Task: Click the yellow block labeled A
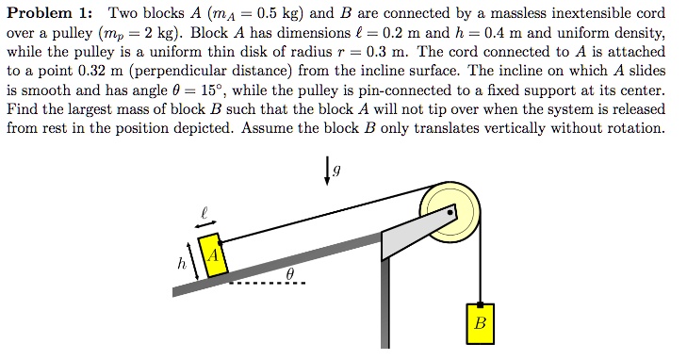pyautogui.click(x=214, y=255)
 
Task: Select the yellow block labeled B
pyautogui.click(x=480, y=322)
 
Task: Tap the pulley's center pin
pyautogui.click(x=450, y=213)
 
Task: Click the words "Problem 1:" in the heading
pyautogui.click(x=51, y=15)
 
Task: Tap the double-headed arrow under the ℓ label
pyautogui.click(x=203, y=223)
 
